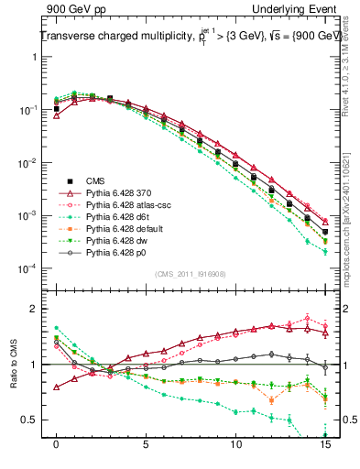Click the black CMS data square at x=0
57,109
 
